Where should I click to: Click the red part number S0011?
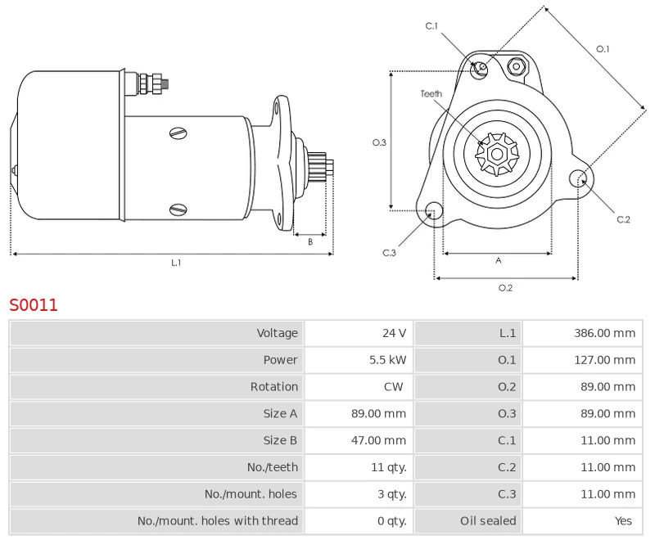34,305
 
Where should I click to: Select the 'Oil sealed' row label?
488,520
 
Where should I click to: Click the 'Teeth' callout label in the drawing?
431,94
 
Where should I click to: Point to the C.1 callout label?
431,26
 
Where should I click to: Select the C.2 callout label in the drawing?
623,218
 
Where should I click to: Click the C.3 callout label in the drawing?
390,253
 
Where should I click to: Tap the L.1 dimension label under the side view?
176,263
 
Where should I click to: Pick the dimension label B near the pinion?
310,241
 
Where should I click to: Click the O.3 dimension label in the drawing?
379,142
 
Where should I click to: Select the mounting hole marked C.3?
434,211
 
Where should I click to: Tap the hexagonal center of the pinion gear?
497,153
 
